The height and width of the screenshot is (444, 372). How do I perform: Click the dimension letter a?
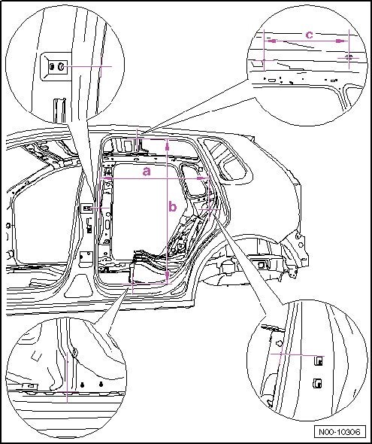tap(147, 172)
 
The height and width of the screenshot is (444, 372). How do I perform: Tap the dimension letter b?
tap(172, 207)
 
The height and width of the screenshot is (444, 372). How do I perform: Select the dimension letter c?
tap(310, 35)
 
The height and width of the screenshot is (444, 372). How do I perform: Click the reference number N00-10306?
tap(340, 433)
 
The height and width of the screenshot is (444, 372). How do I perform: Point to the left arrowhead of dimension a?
tap(105, 178)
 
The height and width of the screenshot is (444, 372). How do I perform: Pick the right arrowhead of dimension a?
tap(202, 178)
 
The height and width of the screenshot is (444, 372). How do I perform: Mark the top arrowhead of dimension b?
tap(168, 145)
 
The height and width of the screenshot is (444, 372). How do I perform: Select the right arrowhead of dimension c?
tap(342, 41)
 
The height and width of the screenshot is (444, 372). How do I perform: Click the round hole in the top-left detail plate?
tap(61, 67)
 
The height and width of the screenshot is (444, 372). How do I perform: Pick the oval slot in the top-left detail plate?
tap(52, 67)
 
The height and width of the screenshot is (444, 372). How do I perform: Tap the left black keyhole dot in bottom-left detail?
tap(82, 385)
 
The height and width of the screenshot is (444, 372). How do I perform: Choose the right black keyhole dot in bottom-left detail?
tap(101, 385)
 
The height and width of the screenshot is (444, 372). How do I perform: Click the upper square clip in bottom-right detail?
tap(319, 360)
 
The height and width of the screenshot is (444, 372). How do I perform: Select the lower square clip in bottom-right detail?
tap(317, 383)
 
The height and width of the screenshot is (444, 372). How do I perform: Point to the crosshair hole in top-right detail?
tap(349, 57)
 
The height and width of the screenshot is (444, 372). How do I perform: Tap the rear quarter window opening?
tap(226, 160)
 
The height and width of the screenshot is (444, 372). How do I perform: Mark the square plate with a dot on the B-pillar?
tap(86, 256)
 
